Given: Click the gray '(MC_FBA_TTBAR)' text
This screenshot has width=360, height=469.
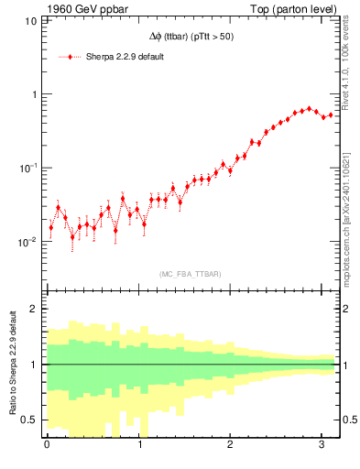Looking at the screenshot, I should [x=190, y=274].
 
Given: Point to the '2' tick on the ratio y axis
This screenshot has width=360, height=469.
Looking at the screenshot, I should [x=33, y=309].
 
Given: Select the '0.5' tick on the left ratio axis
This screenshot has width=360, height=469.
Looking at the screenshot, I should [x=29, y=420].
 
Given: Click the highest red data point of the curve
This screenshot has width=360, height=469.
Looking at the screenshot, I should [x=310, y=108].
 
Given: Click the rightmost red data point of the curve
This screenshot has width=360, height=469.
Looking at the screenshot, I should [x=331, y=115].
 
